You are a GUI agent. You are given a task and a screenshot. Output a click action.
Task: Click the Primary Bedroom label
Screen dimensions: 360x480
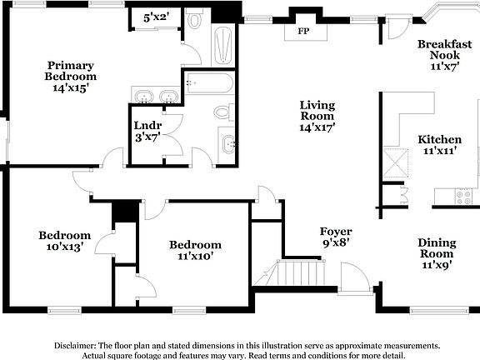pyautogui.click(x=70, y=76)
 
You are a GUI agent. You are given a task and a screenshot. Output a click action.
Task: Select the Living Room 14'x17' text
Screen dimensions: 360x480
pyautogui.click(x=317, y=116)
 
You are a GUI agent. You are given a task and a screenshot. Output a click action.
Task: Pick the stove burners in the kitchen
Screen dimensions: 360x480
pyautogui.click(x=462, y=197)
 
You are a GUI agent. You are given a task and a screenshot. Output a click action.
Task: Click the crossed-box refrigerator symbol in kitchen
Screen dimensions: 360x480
pyautogui.click(x=393, y=158)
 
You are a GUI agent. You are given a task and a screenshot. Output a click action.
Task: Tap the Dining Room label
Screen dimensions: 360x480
pyautogui.click(x=437, y=253)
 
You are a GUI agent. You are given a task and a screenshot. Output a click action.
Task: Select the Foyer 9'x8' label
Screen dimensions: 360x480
pyautogui.click(x=336, y=237)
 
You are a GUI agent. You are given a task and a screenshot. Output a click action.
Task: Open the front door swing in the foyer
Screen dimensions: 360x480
pyautogui.click(x=355, y=277)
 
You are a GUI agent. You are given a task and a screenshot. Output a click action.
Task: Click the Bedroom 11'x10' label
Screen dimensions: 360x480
pyautogui.click(x=195, y=250)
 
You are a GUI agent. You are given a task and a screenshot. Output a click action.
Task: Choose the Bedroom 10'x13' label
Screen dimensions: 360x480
pyautogui.click(x=64, y=241)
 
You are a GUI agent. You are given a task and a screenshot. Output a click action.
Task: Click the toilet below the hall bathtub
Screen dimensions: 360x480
pyautogui.click(x=223, y=112)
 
